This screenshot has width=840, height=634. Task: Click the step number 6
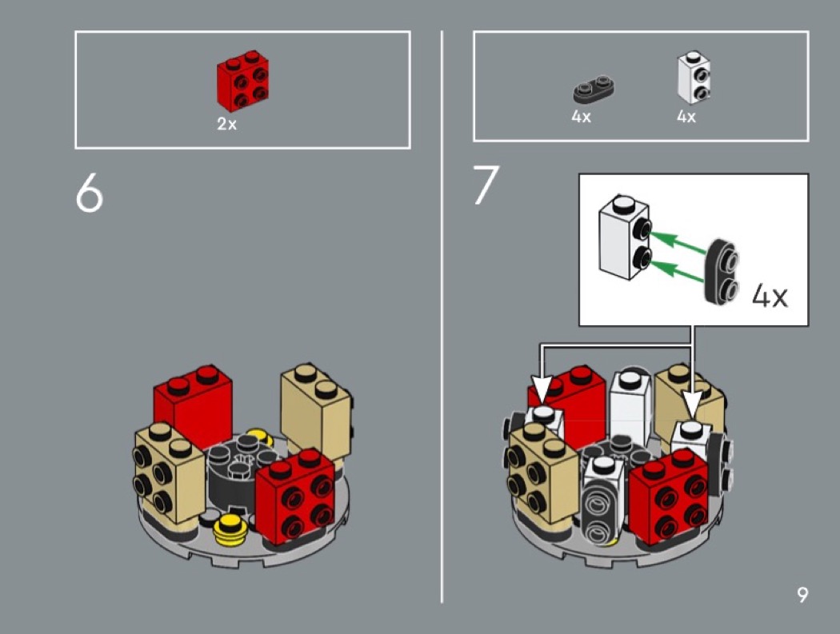click(x=89, y=193)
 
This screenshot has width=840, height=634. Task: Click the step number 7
click(x=486, y=185)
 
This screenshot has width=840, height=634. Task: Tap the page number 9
click(x=802, y=595)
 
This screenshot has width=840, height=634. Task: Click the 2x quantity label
click(x=226, y=124)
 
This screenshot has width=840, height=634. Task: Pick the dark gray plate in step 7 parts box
click(x=594, y=89)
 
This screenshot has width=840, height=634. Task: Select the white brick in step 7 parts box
click(x=694, y=77)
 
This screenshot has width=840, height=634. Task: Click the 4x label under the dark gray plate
click(x=582, y=116)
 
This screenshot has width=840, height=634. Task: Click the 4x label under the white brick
click(x=686, y=116)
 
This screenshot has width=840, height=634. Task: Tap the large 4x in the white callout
click(x=770, y=295)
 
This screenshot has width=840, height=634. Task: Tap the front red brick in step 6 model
click(x=296, y=496)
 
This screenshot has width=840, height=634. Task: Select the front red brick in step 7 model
click(x=669, y=496)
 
